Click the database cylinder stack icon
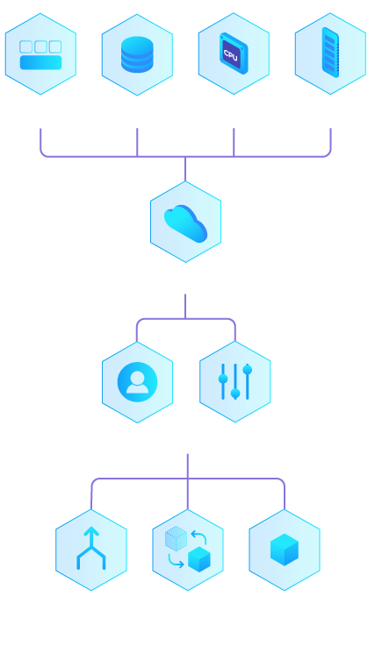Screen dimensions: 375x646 pos(137,54)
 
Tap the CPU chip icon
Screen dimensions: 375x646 pos(234,53)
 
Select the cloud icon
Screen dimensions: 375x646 pos(185,224)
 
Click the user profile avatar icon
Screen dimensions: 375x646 pos(137,382)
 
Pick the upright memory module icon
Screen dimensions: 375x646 pos(330,53)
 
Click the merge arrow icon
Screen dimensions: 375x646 pos(91,549)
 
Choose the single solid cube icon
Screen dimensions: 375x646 pos(285,550)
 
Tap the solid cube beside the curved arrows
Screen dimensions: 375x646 pos(199,559)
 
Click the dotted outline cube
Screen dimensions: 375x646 pos(176,538)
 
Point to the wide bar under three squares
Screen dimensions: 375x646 pos(41,62)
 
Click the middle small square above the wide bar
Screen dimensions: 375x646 pos(41,46)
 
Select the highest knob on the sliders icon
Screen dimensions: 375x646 pos(248,370)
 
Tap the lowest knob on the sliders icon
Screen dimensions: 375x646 pos(235,394)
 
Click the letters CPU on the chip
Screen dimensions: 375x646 pos(230,55)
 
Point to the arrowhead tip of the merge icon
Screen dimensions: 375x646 pos(91,528)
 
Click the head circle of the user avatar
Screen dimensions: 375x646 pos(137,377)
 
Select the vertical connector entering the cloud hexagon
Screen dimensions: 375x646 pos(185,169)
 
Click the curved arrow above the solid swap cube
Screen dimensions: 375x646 pos(199,537)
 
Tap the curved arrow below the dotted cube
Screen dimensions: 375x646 pos(175,561)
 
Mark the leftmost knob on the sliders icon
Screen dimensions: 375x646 pos(223,379)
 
